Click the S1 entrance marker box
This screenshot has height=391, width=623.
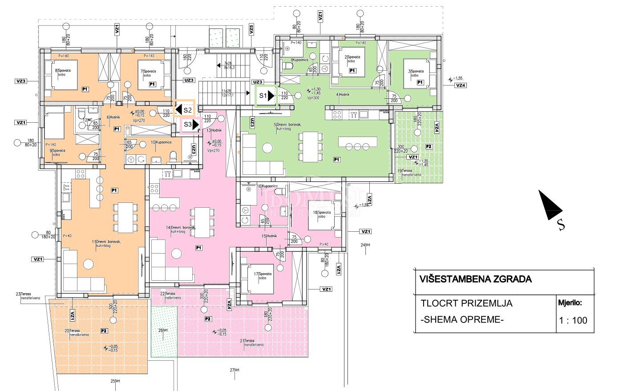point(266,95)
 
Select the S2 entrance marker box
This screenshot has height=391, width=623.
point(184,109)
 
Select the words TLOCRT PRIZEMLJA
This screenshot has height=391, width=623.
point(466,303)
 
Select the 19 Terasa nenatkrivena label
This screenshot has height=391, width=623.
point(405,173)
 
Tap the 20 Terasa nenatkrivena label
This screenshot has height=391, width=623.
point(77,333)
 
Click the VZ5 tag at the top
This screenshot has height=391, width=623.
point(251,30)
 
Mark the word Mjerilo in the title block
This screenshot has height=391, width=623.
point(570,303)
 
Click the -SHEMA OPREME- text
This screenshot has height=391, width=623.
point(461,320)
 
